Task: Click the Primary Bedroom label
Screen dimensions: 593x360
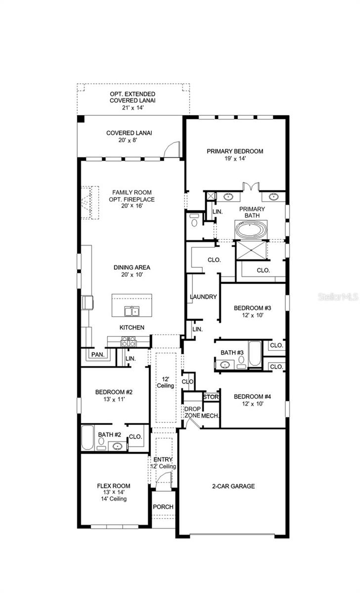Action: [x=235, y=151]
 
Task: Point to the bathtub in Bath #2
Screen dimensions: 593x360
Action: [x=88, y=437]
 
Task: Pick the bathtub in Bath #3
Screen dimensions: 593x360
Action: [x=255, y=353]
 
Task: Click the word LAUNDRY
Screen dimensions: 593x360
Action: [x=203, y=297]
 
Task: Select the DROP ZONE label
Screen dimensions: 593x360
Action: [x=192, y=412]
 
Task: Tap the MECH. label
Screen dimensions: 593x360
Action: [x=210, y=416]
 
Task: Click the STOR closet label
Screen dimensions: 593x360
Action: [x=211, y=397]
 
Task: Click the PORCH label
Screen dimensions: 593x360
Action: [x=163, y=507]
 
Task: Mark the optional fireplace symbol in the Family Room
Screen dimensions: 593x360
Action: [x=87, y=202]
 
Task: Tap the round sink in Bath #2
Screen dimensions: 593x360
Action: [x=117, y=446]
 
